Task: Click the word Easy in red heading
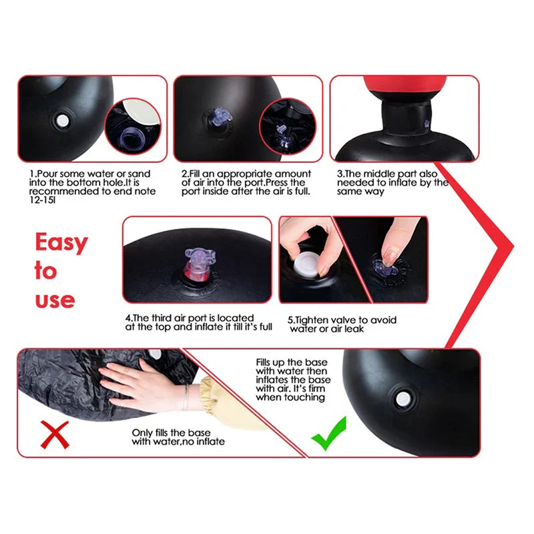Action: (x=61, y=242)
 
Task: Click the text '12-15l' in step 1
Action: (x=42, y=200)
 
